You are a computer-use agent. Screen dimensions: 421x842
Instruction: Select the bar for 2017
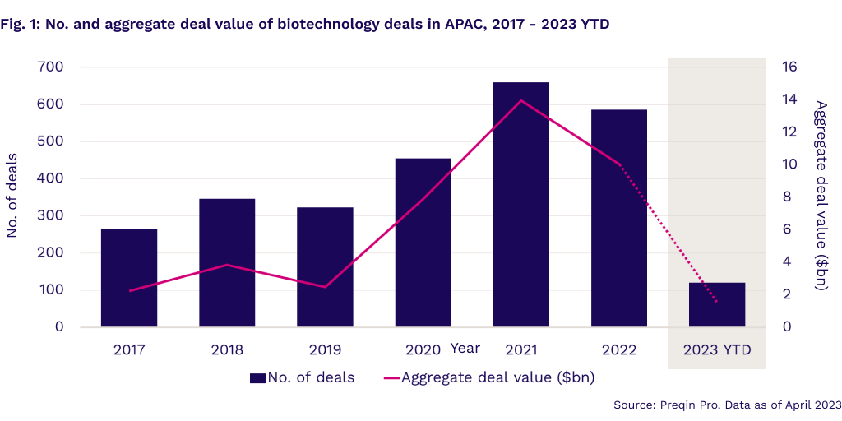[x=129, y=277]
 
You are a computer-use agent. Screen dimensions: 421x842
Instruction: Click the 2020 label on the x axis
[x=423, y=349]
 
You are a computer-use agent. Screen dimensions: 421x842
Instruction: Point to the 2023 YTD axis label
[x=717, y=349]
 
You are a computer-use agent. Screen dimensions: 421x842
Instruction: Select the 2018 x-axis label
[x=227, y=349]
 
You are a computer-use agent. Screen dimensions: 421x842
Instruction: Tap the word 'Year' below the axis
[x=465, y=348]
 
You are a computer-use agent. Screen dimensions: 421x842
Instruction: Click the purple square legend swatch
[x=257, y=378]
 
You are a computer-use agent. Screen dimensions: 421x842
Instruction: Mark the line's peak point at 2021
[x=521, y=100]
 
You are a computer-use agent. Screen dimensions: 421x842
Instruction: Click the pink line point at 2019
[x=326, y=287]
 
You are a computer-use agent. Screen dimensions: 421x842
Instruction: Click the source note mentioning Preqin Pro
[x=727, y=405]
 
